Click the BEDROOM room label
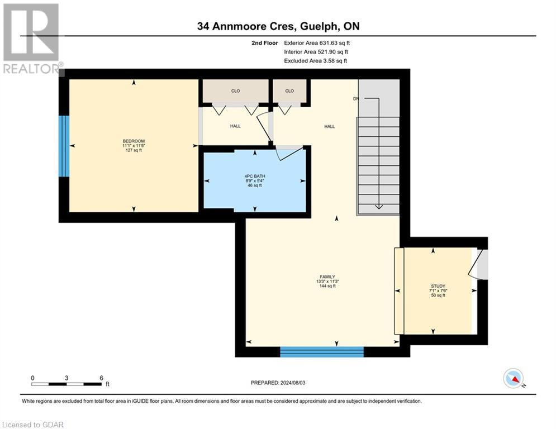click(x=134, y=141)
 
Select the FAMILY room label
click(x=327, y=277)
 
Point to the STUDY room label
click(x=438, y=286)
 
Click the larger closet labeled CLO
click(x=235, y=90)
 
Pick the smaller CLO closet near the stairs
click(x=289, y=90)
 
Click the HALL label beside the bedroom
click(x=235, y=126)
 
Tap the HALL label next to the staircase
click(x=330, y=126)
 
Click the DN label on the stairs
click(x=356, y=99)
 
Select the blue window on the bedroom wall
click(x=65, y=146)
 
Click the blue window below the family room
click(x=321, y=351)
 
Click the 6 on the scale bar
click(x=101, y=378)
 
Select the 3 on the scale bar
click(x=66, y=378)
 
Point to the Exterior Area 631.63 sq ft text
click(x=317, y=42)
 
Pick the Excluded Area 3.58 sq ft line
click(x=315, y=61)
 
